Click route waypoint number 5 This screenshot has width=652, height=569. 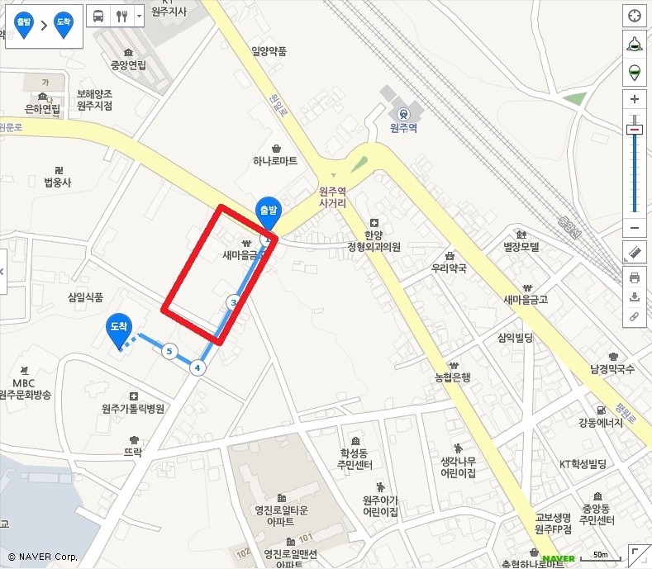point(169,352)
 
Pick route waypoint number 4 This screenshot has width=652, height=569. point(198,367)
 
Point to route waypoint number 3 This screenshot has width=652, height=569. point(234,303)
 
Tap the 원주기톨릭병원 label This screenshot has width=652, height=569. point(133,408)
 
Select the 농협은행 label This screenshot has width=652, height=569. point(453,377)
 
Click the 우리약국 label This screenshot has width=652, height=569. point(449,268)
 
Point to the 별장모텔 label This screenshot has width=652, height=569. point(521,247)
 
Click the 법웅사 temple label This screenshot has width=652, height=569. point(59,181)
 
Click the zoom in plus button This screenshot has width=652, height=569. point(634,100)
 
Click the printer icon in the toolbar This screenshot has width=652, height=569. point(634,277)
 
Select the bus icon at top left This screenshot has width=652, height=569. point(98,16)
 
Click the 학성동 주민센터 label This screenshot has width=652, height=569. point(356,458)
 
